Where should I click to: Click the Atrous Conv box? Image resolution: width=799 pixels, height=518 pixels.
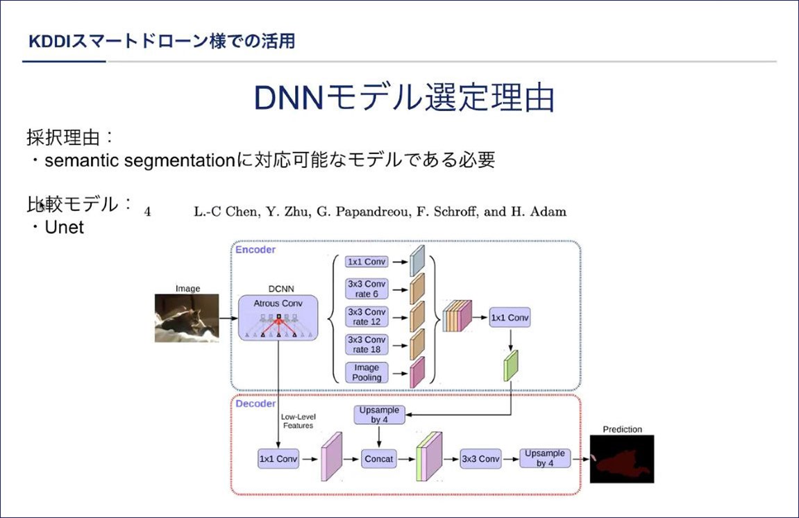pos(278,317)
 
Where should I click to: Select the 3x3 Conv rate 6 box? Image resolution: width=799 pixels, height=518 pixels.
pos(367,289)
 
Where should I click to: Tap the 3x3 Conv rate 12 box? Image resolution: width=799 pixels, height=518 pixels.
pos(367,317)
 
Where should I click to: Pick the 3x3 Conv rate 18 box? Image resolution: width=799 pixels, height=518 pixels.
pos(367,344)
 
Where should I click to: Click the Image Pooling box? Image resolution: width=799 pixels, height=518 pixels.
pos(367,373)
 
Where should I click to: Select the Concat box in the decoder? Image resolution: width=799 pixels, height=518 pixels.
pos(378,459)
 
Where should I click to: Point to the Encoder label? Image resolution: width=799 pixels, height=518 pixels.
pos(255,250)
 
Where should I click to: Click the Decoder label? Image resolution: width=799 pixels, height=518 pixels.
pos(255,404)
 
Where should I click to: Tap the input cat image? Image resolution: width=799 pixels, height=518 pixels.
pos(187,317)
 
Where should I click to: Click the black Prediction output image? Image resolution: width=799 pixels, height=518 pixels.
pos(622,459)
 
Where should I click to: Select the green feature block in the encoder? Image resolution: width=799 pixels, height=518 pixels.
pos(511,365)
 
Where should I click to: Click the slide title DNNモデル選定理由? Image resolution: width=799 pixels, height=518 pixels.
pos(404,97)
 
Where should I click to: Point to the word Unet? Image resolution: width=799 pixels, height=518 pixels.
pos(64,227)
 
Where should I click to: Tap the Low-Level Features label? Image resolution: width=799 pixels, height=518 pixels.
pos(298,421)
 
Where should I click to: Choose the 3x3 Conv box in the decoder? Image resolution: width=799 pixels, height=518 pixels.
pos(480,459)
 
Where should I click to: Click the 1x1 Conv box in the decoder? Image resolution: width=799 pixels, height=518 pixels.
pos(278,459)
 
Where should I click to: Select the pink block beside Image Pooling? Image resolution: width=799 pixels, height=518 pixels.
pos(417,373)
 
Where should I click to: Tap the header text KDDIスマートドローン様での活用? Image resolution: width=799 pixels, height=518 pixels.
pos(162,41)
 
